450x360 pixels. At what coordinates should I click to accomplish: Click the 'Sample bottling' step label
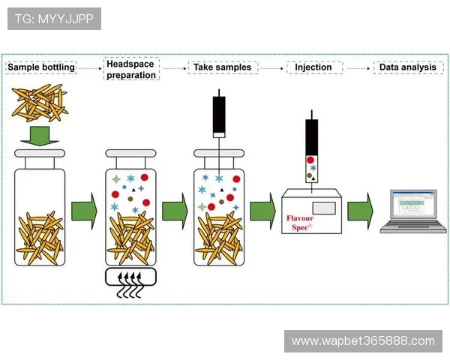41,67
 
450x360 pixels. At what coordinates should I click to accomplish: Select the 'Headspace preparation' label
131,70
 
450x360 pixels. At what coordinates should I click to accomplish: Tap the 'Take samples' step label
222,67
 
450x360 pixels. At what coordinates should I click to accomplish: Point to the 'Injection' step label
313,67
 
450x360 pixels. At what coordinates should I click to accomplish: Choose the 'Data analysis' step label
407,67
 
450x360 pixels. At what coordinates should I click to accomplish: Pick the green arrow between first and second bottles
84,211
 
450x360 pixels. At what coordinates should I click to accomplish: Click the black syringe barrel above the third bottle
219,115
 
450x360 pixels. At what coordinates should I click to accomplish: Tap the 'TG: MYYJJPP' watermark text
53,19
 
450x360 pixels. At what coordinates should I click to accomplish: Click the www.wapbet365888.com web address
363,341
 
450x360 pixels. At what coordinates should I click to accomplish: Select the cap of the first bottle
40,154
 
